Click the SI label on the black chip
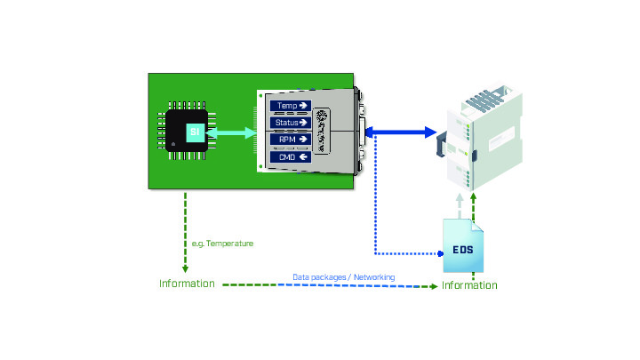(x=193, y=132)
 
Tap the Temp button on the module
(x=291, y=106)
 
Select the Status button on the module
(x=291, y=122)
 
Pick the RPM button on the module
(x=291, y=139)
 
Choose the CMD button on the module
(x=291, y=156)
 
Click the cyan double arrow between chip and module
(x=229, y=132)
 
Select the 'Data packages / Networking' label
(x=344, y=276)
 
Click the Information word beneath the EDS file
(x=469, y=285)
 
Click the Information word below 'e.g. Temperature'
(x=187, y=284)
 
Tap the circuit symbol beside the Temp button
(x=322, y=130)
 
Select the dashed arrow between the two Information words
(x=329, y=285)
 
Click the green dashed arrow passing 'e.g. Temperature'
(x=185, y=231)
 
